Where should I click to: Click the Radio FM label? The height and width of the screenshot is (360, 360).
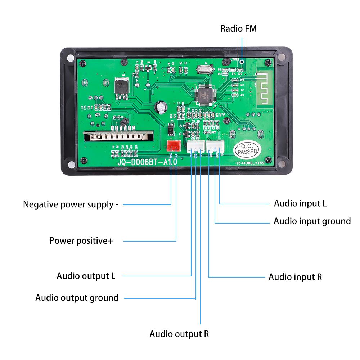tap(238, 28)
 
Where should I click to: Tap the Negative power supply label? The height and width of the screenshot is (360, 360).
tap(71, 204)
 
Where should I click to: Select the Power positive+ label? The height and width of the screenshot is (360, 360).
tap(81, 240)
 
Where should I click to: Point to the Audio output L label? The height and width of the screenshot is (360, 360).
tap(86, 276)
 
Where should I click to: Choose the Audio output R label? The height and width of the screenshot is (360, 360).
tap(179, 334)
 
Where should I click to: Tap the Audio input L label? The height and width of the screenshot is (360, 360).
tap(300, 203)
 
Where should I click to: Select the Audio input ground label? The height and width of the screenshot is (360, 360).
tap(312, 221)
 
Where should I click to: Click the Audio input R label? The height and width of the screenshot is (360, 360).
tap(295, 277)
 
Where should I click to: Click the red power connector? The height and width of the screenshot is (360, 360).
tap(174, 146)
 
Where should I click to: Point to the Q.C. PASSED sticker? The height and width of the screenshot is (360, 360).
tap(247, 149)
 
